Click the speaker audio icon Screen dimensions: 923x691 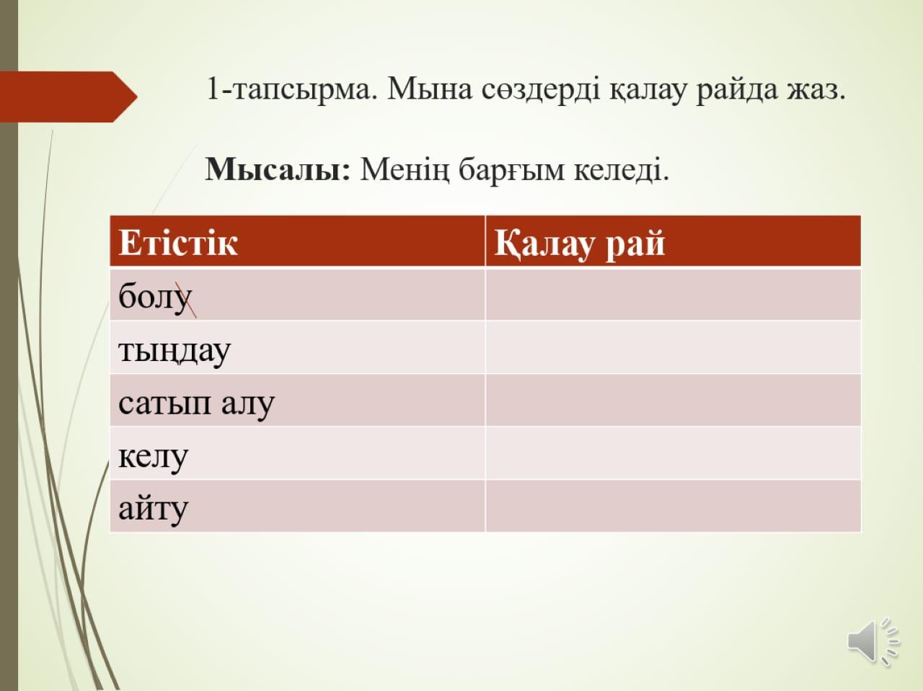pyautogui.click(x=873, y=641)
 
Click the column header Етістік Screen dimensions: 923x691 pyautogui.click(x=178, y=243)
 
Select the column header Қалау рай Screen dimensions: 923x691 pyautogui.click(x=580, y=244)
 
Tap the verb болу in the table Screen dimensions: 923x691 pyautogui.click(x=155, y=297)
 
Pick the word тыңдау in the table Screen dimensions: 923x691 pyautogui.click(x=175, y=351)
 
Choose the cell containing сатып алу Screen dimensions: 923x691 pyautogui.click(x=297, y=401)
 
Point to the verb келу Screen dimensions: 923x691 pyautogui.click(x=153, y=457)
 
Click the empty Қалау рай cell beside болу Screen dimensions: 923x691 pyautogui.click(x=674, y=295)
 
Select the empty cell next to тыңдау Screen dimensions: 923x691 pyautogui.click(x=674, y=347)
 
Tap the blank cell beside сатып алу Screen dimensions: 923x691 pyautogui.click(x=674, y=401)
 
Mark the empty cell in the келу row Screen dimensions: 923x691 pyautogui.click(x=674, y=453)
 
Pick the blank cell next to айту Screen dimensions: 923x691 pyautogui.click(x=674, y=506)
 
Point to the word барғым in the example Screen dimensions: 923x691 pyautogui.click(x=511, y=171)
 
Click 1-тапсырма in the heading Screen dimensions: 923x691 pyautogui.click(x=291, y=89)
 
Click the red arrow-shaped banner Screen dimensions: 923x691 pyautogui.click(x=69, y=97)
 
